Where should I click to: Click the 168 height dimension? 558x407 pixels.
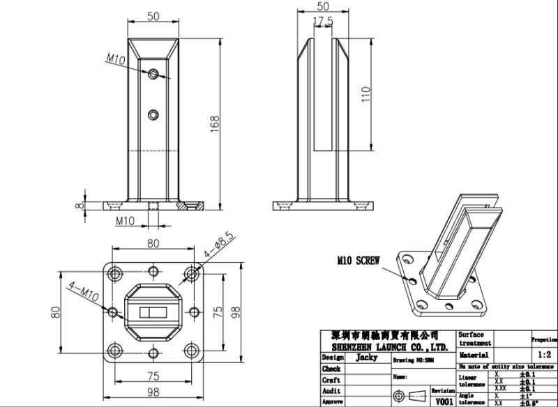point(216,123)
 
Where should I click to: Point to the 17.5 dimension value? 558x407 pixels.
point(323,22)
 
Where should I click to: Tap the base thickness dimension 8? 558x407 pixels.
point(81,205)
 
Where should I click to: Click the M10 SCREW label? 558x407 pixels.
point(357,261)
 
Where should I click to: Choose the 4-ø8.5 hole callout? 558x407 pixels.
point(218,247)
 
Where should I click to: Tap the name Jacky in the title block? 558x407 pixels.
point(366,357)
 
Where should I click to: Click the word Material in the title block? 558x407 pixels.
point(474,355)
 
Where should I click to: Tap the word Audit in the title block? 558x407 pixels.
point(331,392)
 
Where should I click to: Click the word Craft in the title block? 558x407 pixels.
point(331,381)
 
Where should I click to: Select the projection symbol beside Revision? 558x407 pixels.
point(408,395)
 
